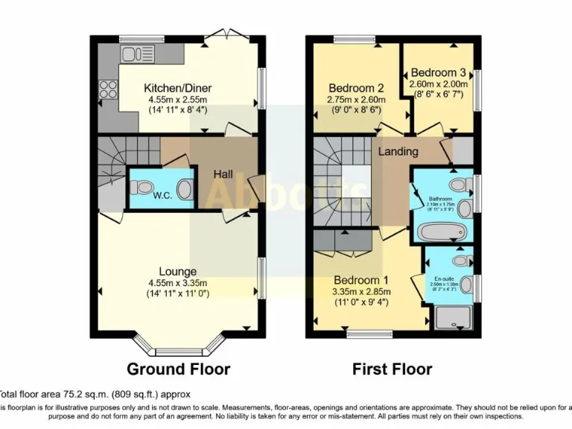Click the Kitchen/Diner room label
coord(176,86)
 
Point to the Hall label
coord(223,174)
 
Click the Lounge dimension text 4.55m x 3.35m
coord(177,282)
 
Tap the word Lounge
coord(177,271)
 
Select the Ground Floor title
coord(178,369)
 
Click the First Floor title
coord(392,369)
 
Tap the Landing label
coord(398,151)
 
